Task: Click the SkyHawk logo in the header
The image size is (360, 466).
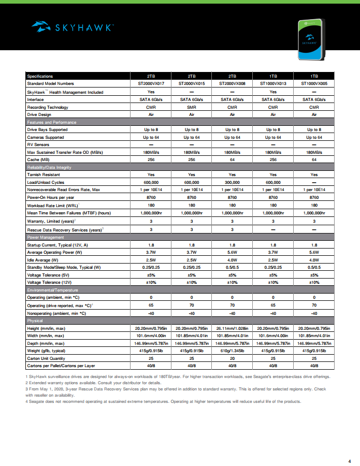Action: [73, 26]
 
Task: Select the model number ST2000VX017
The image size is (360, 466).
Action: [151, 83]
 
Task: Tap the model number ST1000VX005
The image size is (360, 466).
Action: [314, 83]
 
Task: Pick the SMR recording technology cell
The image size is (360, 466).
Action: [192, 107]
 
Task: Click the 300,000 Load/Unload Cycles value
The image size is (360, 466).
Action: [232, 182]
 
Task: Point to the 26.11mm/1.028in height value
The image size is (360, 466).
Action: [232, 328]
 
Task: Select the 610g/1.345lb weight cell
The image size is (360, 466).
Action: [232, 351]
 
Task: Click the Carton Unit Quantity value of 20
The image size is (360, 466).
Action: [232, 358]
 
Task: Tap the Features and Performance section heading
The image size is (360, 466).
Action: [52, 122]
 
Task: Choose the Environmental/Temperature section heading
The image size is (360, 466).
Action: [51, 290]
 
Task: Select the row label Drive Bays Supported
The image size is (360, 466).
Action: [47, 129]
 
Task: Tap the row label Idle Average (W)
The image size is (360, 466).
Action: [41, 259]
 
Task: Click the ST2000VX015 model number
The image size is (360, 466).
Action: [192, 83]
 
